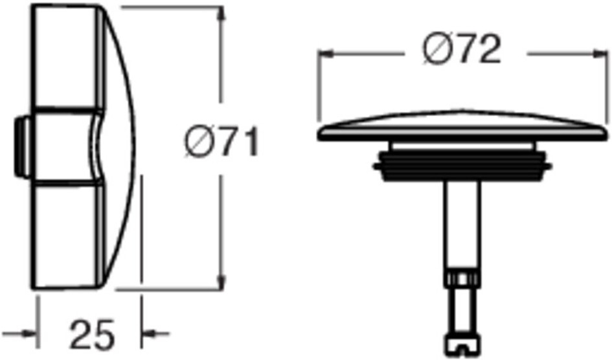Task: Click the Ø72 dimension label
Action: (x=461, y=49)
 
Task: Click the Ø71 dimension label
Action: (x=221, y=142)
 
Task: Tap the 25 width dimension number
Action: (x=92, y=335)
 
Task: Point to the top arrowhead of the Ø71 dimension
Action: (x=221, y=15)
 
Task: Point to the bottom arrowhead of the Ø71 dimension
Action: (x=221, y=282)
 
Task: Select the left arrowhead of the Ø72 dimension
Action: (x=326, y=54)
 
